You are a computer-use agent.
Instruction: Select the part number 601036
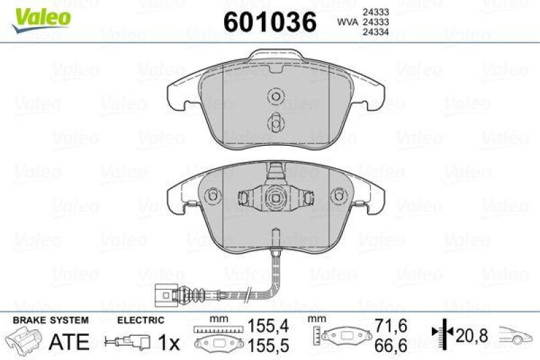click(x=269, y=22)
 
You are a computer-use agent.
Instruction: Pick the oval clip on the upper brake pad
click(x=275, y=123)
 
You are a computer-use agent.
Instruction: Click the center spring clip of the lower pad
click(x=275, y=197)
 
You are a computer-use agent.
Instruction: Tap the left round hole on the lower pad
click(x=213, y=196)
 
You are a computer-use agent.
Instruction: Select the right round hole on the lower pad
click(x=337, y=196)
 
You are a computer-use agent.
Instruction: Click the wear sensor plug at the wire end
click(x=163, y=295)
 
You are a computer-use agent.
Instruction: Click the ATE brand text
click(x=70, y=342)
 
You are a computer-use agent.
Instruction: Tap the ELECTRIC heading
click(x=140, y=320)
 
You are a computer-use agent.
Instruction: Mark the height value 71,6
click(x=391, y=326)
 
